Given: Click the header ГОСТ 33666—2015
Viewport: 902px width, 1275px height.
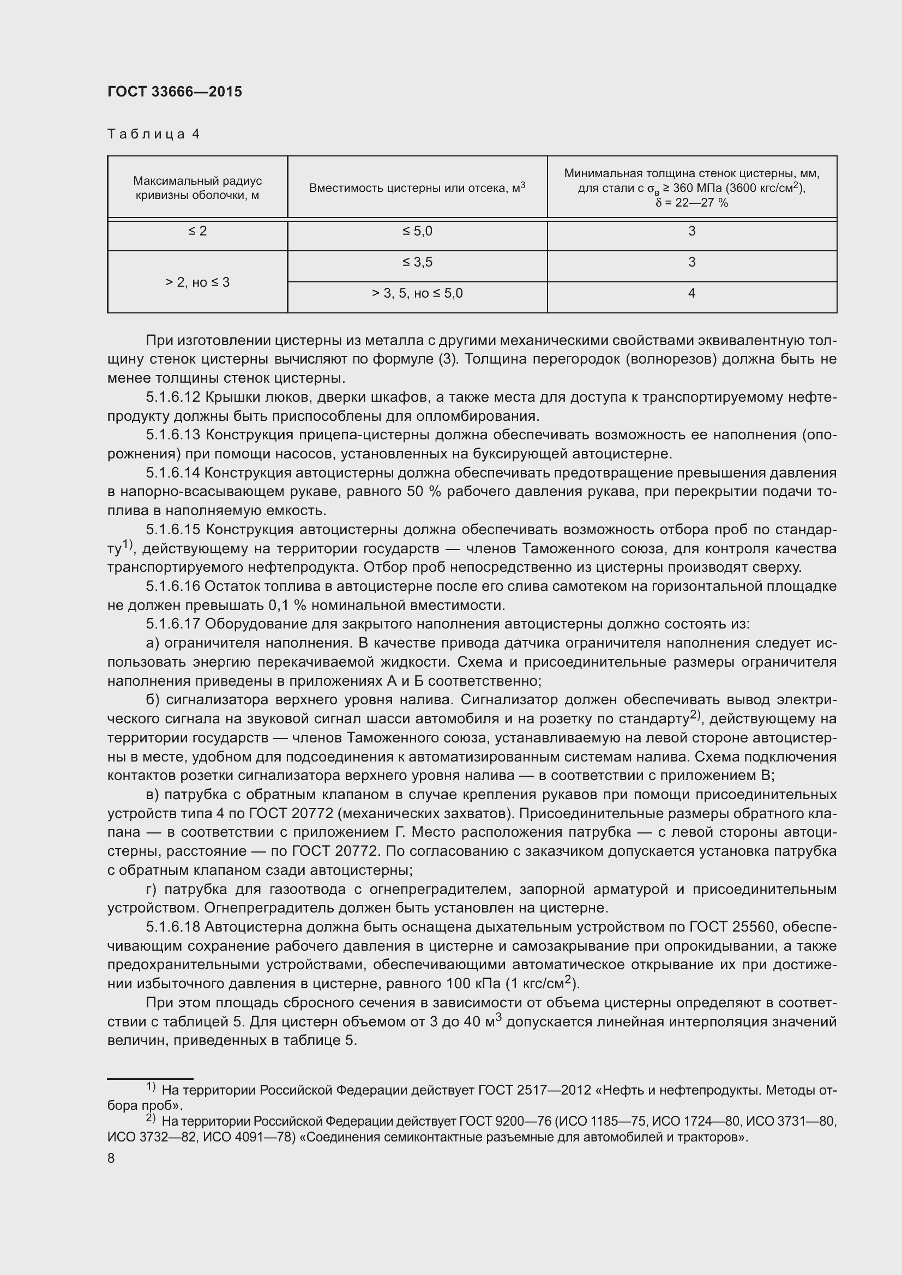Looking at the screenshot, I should [175, 92].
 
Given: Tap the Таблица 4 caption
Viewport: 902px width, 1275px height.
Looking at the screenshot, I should [153, 134].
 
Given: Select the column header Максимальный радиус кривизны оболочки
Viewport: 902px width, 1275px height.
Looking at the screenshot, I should [197, 188].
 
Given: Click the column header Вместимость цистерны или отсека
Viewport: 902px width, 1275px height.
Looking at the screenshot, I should [417, 188].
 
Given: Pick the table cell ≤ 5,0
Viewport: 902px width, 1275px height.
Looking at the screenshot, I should [417, 231].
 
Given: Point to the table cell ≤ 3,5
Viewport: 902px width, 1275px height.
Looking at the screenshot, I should [417, 262].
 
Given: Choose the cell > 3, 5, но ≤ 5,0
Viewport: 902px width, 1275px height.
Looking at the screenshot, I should [417, 293].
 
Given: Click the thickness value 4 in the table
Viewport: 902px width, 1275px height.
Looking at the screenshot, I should [691, 293].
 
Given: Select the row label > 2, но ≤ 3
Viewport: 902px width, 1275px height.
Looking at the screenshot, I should [197, 283].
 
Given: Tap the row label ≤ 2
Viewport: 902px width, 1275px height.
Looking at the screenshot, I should [197, 231].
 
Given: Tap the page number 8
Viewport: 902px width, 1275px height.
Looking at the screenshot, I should [111, 1158].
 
